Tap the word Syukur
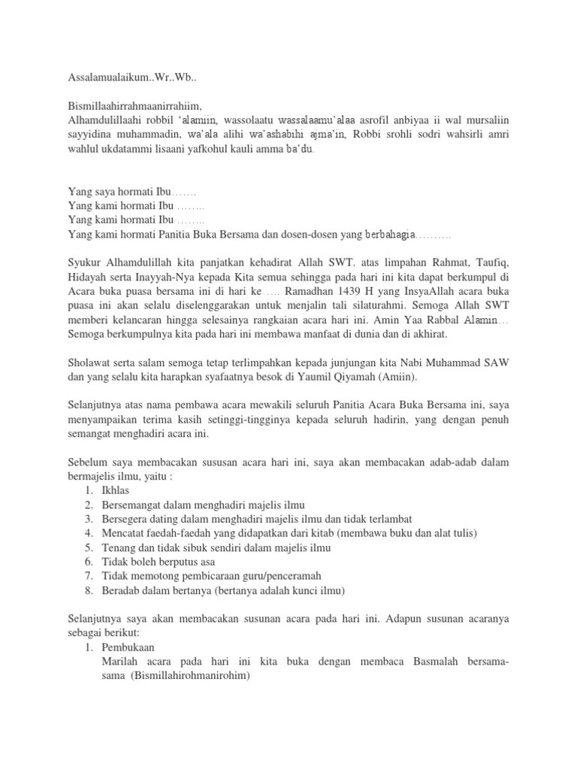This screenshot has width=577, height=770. click(85, 262)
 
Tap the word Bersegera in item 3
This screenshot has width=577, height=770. click(126, 519)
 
